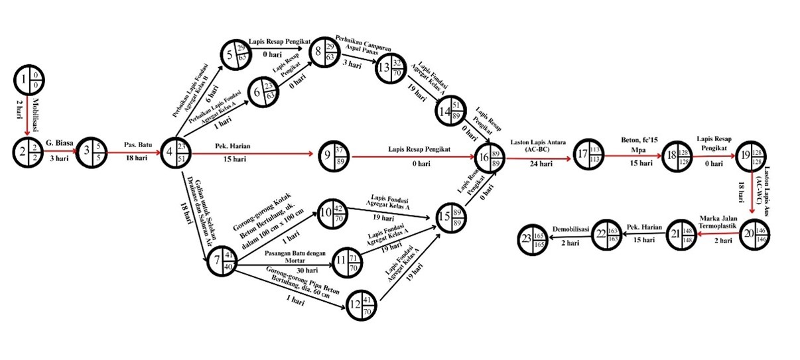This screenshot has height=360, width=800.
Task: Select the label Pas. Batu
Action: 138,144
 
